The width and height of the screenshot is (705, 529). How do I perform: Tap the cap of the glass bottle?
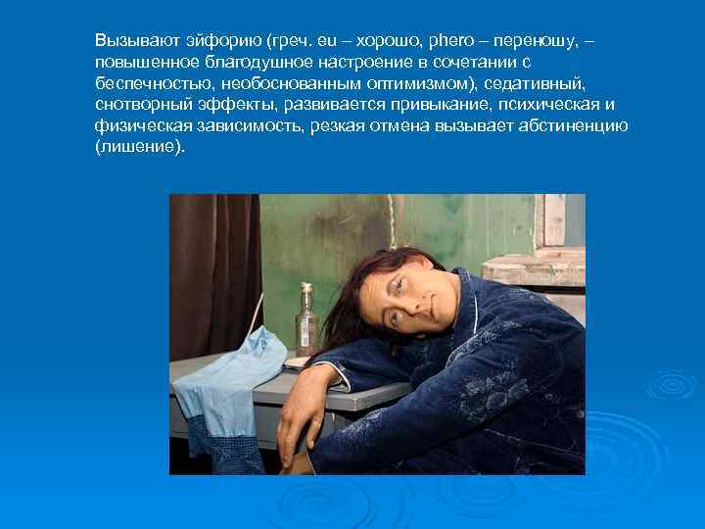pos(306,288)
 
